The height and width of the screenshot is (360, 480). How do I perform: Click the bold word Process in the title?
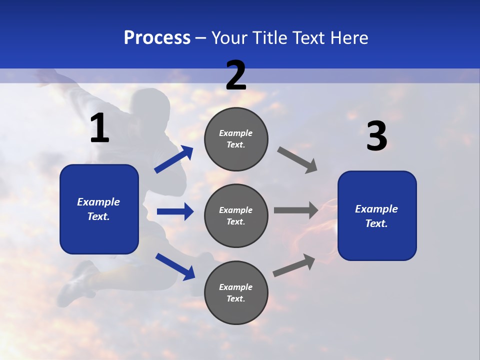pyautogui.click(x=157, y=37)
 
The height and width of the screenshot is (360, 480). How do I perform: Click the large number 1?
pyautogui.click(x=99, y=128)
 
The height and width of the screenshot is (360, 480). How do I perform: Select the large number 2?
pyautogui.click(x=236, y=75)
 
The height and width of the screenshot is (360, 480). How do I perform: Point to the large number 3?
pyautogui.click(x=376, y=136)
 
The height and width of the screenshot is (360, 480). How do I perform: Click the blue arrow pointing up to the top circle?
pyautogui.click(x=174, y=159)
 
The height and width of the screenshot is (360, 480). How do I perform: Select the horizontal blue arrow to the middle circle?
pyautogui.click(x=175, y=211)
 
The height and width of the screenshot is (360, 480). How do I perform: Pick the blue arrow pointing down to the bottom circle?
pyautogui.click(x=175, y=266)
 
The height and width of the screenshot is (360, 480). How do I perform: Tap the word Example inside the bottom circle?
pyautogui.click(x=236, y=287)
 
